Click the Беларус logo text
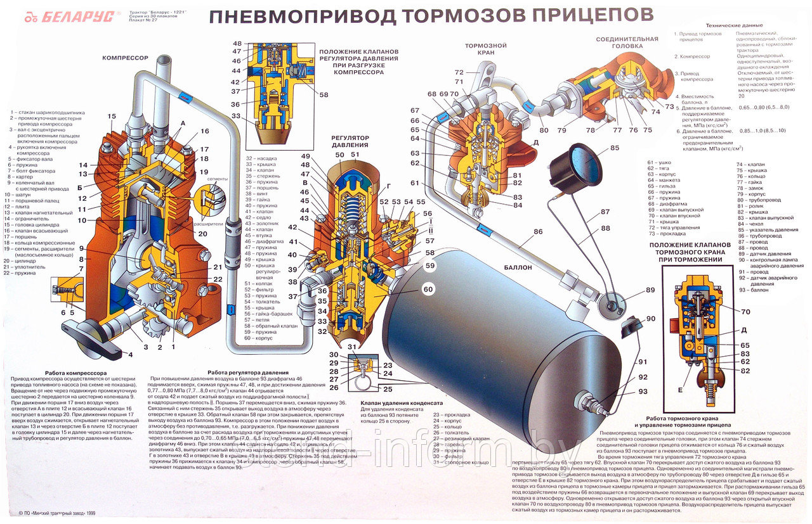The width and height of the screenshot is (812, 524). click(x=75, y=17)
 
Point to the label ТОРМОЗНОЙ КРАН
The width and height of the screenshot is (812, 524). click(x=485, y=50)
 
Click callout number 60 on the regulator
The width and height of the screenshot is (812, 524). click(x=428, y=290)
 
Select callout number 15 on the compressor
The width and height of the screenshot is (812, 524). click(x=112, y=116)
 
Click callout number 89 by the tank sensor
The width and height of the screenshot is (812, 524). click(x=650, y=290)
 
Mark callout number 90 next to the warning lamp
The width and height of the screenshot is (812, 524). click(x=650, y=318)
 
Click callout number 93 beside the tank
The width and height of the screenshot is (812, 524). click(x=643, y=391)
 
